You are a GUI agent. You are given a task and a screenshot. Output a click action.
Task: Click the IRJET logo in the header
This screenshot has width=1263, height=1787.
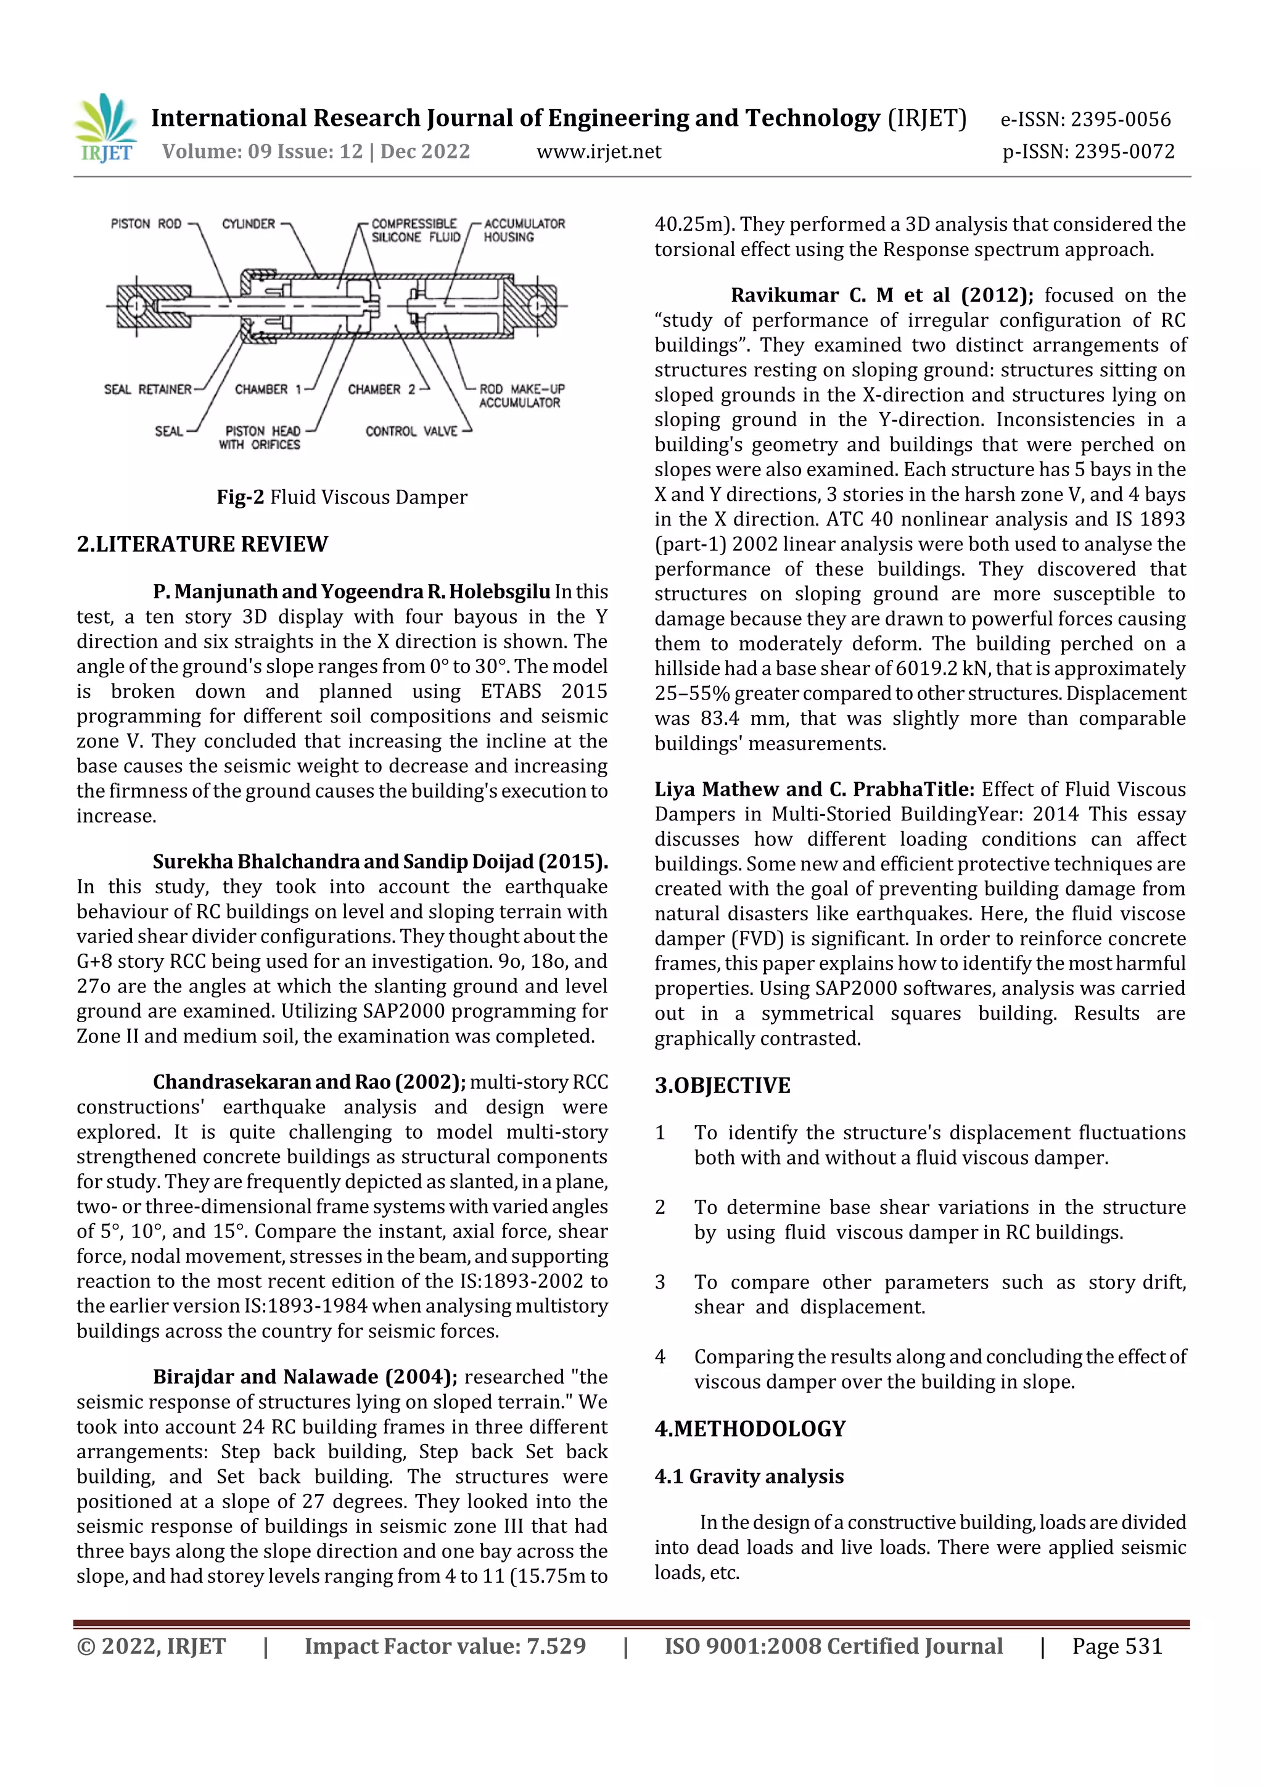coord(105,128)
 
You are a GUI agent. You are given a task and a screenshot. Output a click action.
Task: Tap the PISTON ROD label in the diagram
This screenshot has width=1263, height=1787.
coord(146,224)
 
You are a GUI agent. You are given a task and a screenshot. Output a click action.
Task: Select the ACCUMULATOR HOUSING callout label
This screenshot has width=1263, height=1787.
coord(523,230)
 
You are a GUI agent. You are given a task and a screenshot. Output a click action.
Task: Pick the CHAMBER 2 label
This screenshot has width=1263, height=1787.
coord(381,389)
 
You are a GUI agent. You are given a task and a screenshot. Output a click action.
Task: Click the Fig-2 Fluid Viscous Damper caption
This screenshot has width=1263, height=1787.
coord(342,497)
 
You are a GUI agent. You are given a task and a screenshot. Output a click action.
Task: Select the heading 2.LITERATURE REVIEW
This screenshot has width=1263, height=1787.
coord(202,544)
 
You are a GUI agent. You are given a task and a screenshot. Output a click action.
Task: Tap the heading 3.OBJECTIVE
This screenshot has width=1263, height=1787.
coord(722,1086)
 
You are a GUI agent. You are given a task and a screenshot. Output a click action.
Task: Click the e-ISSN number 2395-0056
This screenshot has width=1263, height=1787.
coord(1120,120)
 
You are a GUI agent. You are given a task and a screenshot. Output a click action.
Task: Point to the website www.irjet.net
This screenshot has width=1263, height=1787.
coord(598,152)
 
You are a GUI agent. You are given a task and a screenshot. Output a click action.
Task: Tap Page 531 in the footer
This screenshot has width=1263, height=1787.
coord(1117,1646)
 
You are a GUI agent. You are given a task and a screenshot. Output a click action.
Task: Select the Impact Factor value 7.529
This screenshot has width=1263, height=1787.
coord(556,1646)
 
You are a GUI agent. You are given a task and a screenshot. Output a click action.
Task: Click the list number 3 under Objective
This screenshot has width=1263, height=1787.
coord(660,1282)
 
